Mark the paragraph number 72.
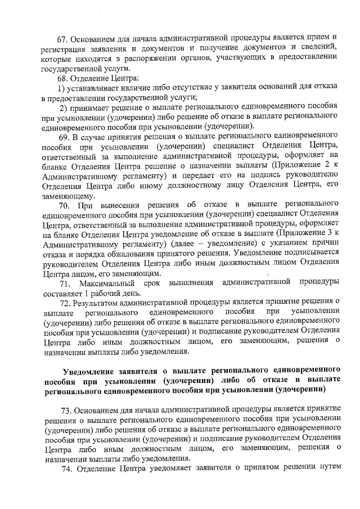tap(64, 303)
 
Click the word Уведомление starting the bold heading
tap(89, 370)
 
